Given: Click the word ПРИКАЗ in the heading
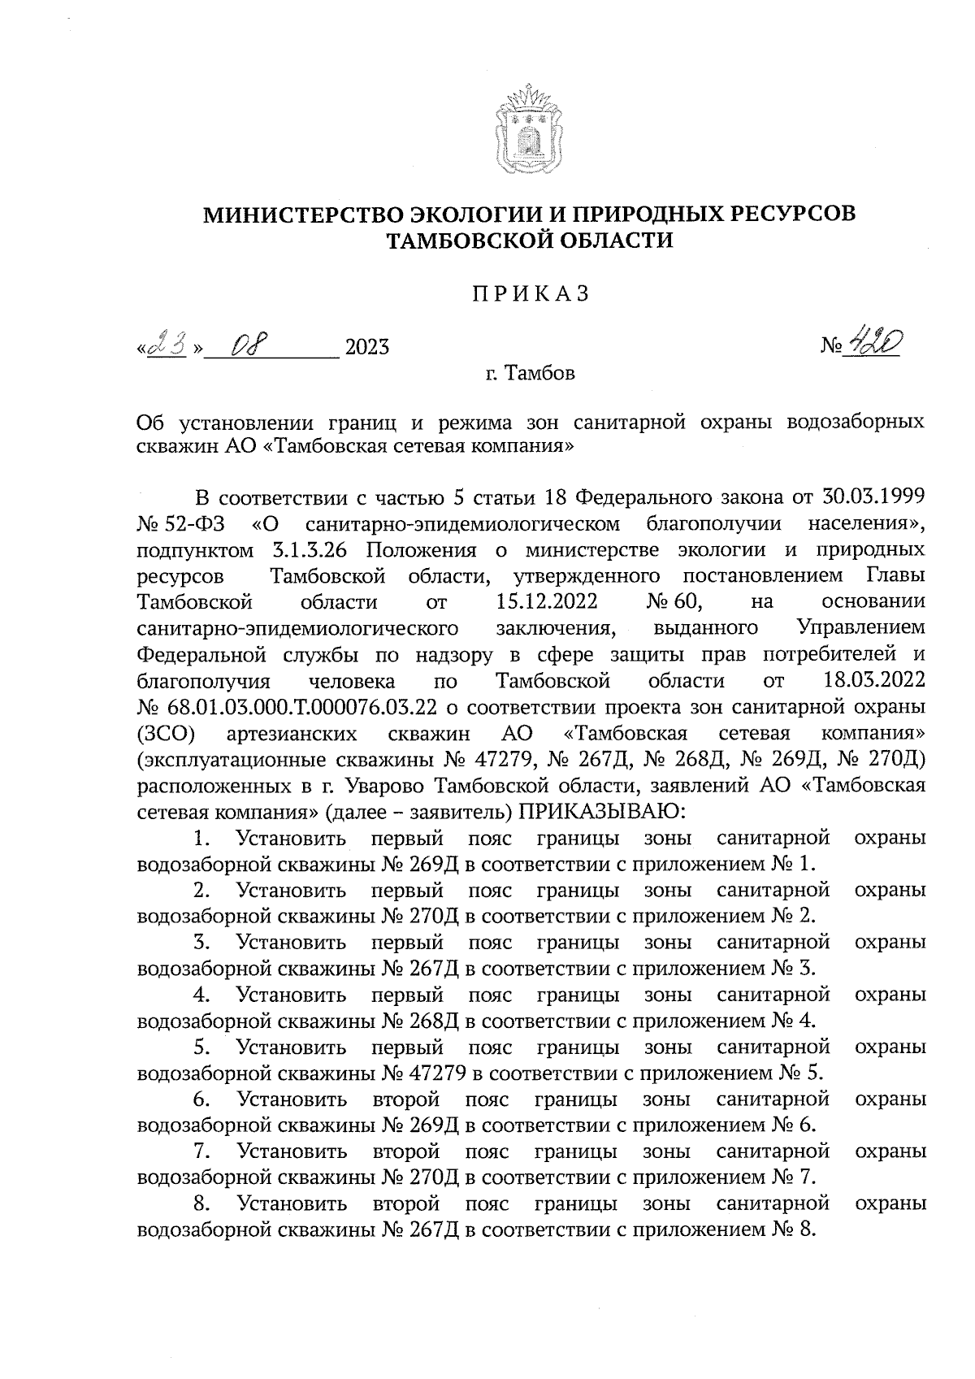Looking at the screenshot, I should (x=529, y=294).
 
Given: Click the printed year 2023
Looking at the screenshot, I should (x=367, y=348).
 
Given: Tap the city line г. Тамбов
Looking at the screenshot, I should (x=529, y=374).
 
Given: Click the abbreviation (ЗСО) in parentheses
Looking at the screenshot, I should (x=167, y=733).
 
